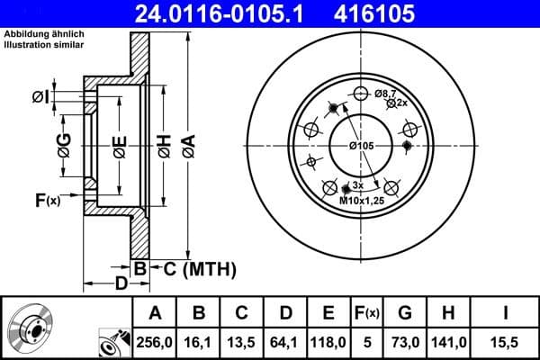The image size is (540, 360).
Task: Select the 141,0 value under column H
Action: click(x=450, y=341)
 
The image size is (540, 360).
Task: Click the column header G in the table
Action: click(x=405, y=312)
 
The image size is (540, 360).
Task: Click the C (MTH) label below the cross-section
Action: click(x=194, y=267)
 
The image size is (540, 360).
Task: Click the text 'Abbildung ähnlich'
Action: click(x=44, y=33)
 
